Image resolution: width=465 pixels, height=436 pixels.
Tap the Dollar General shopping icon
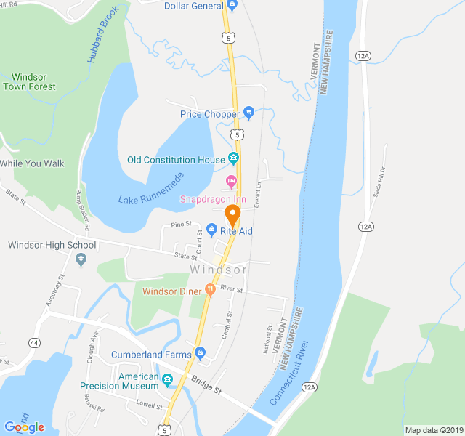[x=232, y=6]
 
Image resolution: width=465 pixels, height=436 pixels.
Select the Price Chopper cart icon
[x=248, y=113]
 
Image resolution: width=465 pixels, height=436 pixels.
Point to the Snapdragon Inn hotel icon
[x=232, y=180]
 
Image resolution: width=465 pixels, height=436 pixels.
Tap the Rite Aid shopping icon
[x=211, y=230]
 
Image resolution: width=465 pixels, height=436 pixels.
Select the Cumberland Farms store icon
[x=200, y=355]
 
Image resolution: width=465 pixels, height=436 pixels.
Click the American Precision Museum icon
[x=168, y=379]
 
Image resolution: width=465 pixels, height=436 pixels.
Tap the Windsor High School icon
[x=81, y=259]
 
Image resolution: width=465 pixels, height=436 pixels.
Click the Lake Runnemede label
[x=151, y=187]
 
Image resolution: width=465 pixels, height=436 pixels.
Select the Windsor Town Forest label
[x=29, y=81]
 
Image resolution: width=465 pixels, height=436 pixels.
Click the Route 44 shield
[x=34, y=342]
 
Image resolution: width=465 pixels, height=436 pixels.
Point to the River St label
[x=233, y=290]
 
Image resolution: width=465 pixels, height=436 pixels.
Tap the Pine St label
[x=182, y=224]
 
